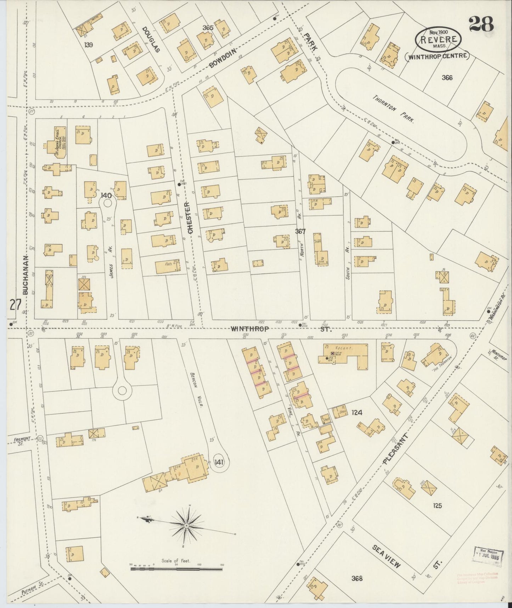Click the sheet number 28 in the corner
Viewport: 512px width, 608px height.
(x=481, y=25)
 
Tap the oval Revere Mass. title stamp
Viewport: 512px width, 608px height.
(x=438, y=39)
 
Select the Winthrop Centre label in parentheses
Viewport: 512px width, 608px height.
(x=437, y=56)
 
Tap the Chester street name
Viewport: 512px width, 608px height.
(x=190, y=218)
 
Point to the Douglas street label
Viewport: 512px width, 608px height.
(x=151, y=39)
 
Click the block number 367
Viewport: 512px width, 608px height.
(x=300, y=231)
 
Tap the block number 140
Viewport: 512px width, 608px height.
(x=106, y=195)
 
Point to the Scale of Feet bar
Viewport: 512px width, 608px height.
(x=176, y=569)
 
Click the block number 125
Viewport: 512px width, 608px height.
(x=437, y=505)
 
